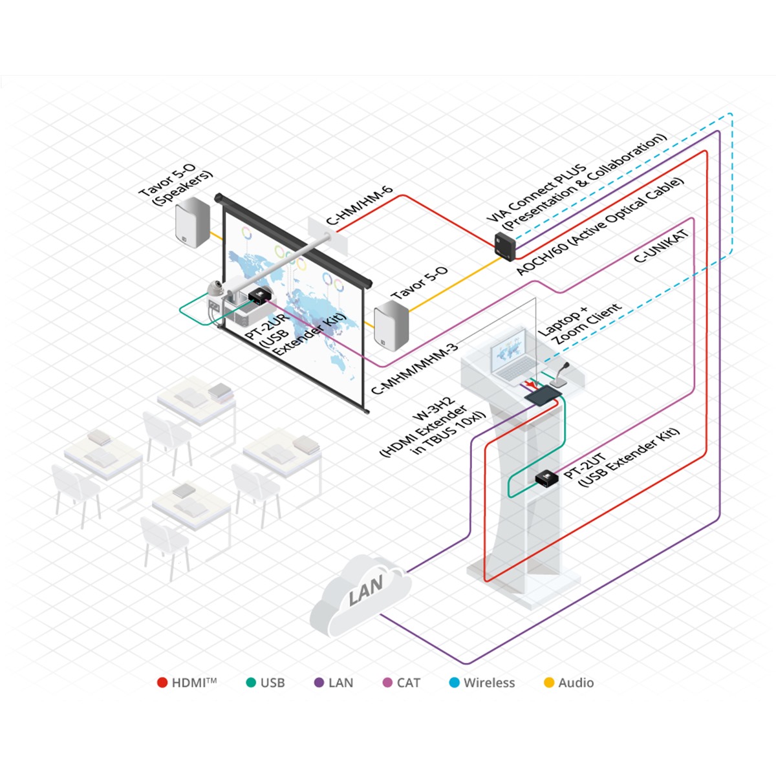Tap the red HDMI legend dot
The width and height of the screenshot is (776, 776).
click(x=162, y=683)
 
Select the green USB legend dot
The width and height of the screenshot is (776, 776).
click(x=252, y=683)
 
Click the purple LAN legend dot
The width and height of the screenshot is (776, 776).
click(x=319, y=683)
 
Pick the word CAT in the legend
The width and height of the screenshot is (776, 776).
click(x=409, y=683)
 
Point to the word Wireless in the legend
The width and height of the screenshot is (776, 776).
click(x=489, y=683)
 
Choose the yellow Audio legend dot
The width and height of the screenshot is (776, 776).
click(x=549, y=683)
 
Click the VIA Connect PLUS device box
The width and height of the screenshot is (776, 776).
click(x=504, y=245)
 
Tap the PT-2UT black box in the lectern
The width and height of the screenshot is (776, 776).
click(x=546, y=478)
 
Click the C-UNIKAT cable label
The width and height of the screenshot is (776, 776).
click(x=660, y=246)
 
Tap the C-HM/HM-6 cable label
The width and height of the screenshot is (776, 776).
click(x=359, y=206)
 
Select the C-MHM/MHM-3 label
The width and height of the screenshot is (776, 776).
click(x=414, y=369)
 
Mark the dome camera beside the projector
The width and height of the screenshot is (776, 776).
click(x=215, y=290)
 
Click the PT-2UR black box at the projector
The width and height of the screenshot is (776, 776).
click(x=259, y=296)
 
